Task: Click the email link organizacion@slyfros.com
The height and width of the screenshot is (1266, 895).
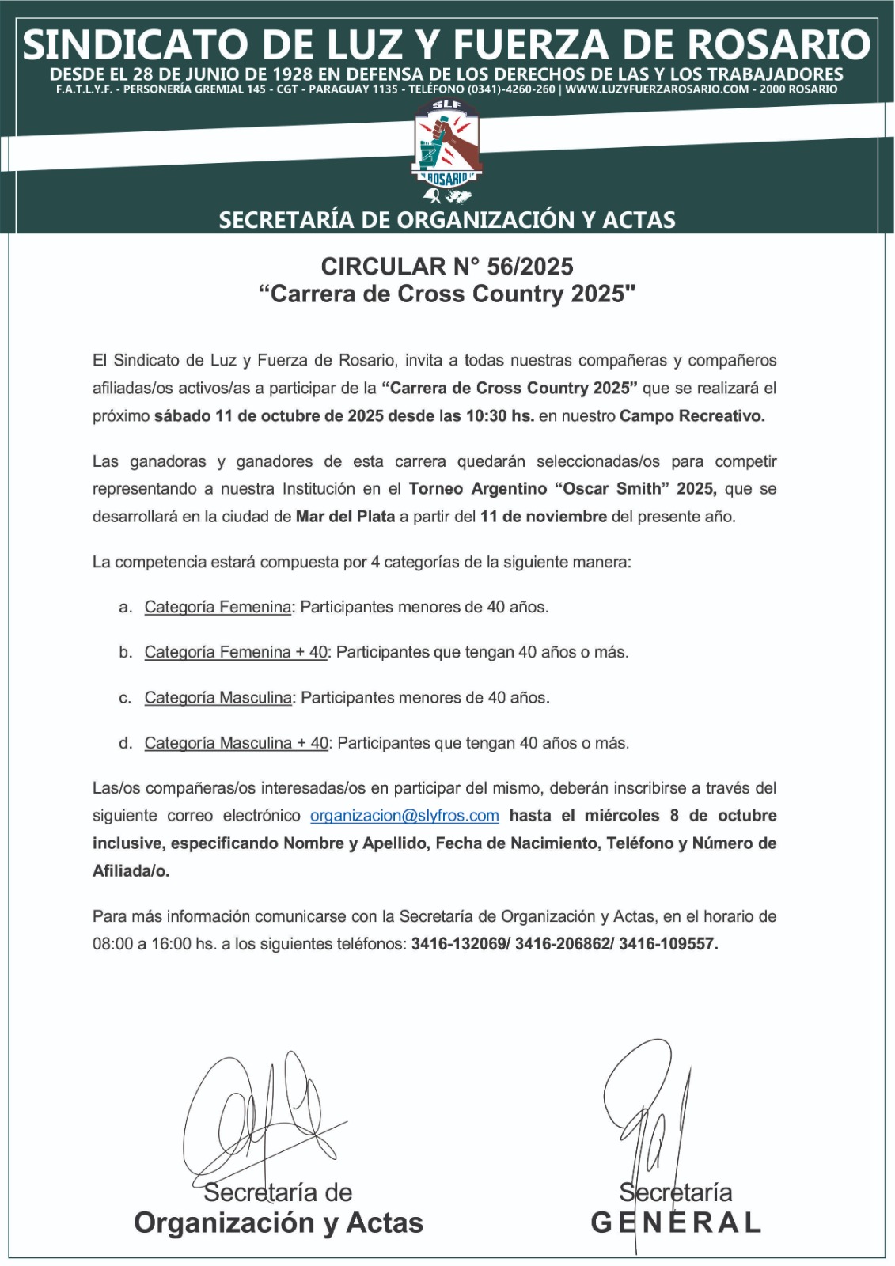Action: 404,816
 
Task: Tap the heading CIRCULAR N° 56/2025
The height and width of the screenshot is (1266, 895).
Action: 447,267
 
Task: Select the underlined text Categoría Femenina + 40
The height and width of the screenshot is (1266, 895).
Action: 236,653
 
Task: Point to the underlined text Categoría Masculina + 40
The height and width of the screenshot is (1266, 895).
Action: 236,744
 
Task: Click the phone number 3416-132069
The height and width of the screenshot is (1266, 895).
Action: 459,944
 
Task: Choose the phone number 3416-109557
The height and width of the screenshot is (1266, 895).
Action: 668,944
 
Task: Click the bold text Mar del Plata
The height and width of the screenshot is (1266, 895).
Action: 345,517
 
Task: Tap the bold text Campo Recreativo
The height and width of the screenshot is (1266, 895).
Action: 692,416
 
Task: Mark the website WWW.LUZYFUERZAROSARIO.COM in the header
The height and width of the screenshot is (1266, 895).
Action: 657,89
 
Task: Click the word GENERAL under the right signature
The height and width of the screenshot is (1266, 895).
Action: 676,1223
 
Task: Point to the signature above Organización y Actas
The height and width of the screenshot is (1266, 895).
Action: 261,1116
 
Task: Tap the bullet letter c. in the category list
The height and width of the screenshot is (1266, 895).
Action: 125,698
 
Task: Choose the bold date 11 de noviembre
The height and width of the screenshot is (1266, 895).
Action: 543,517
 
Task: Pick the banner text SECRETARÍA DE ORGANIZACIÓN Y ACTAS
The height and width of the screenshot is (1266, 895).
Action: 447,220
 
